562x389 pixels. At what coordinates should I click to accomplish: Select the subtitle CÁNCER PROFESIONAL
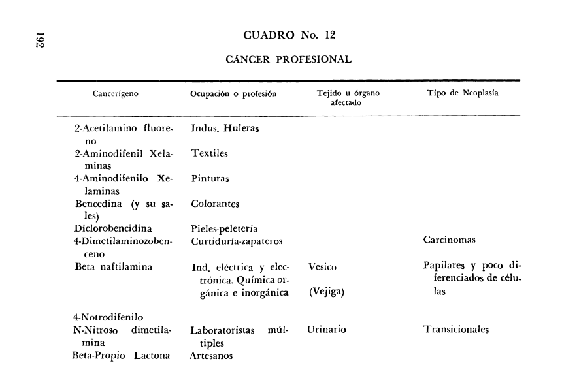pyautogui.click(x=288, y=59)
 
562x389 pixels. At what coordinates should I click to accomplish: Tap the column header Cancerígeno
pyautogui.click(x=116, y=93)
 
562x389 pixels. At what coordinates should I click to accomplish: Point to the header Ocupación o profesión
pyautogui.click(x=233, y=93)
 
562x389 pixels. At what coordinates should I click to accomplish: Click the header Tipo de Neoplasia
pyautogui.click(x=463, y=93)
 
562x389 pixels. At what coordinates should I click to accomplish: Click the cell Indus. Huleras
pyautogui.click(x=225, y=129)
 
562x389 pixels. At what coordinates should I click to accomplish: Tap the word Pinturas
pyautogui.click(x=210, y=178)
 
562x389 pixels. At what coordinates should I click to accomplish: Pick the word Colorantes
pyautogui.click(x=216, y=204)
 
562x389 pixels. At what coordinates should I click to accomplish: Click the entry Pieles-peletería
pyautogui.click(x=224, y=228)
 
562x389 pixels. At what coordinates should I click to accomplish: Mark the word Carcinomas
pyautogui.click(x=450, y=240)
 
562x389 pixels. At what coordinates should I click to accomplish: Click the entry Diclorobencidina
pyautogui.click(x=114, y=228)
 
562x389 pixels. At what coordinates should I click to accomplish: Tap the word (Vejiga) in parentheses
pyautogui.click(x=327, y=292)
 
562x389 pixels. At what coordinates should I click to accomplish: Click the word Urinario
pyautogui.click(x=327, y=330)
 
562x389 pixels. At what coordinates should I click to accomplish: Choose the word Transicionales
pyautogui.click(x=456, y=330)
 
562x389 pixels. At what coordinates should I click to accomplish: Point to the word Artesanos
pyautogui.click(x=212, y=356)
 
